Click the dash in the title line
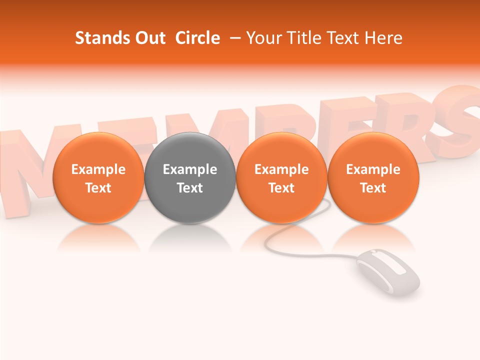[x=233, y=38]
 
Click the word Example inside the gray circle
[x=190, y=169]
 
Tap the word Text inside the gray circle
[x=190, y=188]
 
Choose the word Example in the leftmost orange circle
[x=98, y=169]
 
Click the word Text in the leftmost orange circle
[x=98, y=188]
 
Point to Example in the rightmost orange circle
[x=373, y=169]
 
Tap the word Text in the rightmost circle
[x=373, y=188]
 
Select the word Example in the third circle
[x=281, y=169]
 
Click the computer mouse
[x=388, y=274]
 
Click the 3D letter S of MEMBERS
[x=460, y=117]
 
